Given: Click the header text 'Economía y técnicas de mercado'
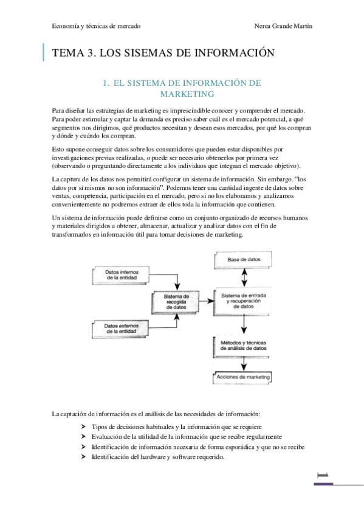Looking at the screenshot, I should click(x=97, y=27).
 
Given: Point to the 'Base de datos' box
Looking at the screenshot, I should click(x=243, y=260).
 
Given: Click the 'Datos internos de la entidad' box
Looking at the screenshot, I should click(x=121, y=274).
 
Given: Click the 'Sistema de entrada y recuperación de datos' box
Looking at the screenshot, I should click(x=243, y=301).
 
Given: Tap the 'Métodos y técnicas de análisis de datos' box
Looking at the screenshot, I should click(x=243, y=347).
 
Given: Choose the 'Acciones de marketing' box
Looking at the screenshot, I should click(x=243, y=377).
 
